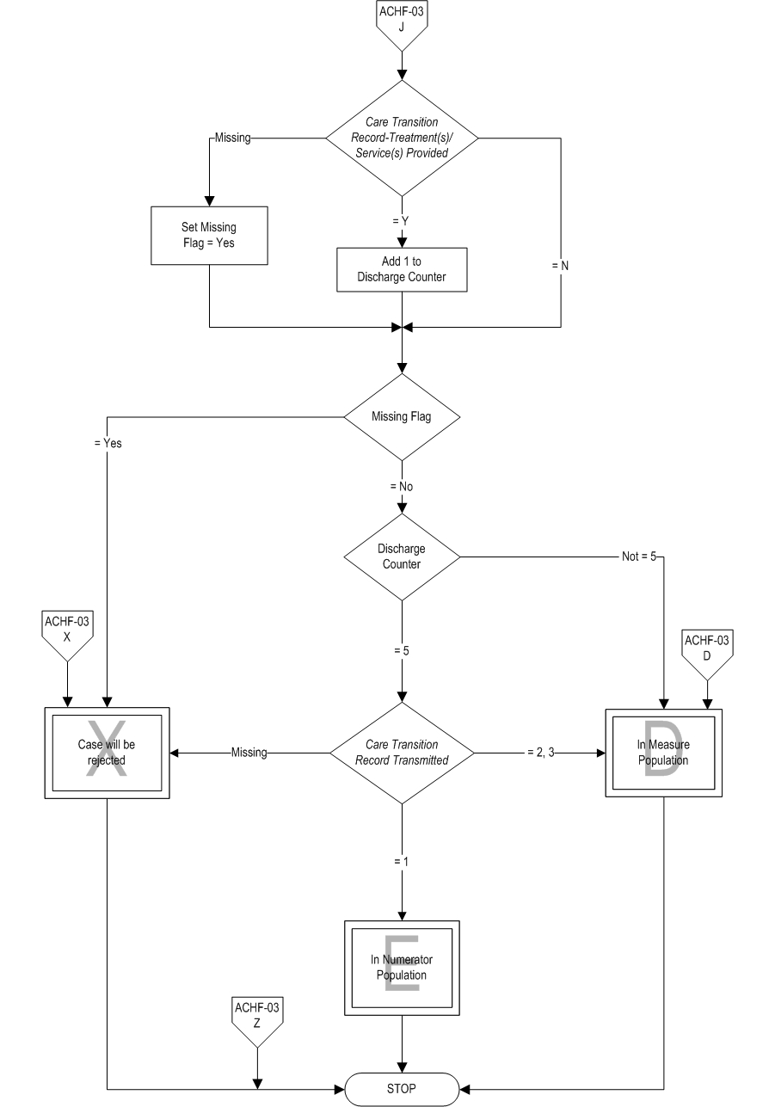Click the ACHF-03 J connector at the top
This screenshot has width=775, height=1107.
pyautogui.click(x=402, y=24)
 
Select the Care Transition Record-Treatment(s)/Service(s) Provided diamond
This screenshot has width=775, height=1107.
pyautogui.click(x=402, y=136)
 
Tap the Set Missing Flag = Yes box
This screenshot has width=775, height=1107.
pyautogui.click(x=209, y=235)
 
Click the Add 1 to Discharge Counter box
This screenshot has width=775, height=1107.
pyautogui.click(x=402, y=270)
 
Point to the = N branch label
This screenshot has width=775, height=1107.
pyautogui.click(x=560, y=266)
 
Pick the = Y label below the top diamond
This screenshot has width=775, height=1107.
pyautogui.click(x=400, y=221)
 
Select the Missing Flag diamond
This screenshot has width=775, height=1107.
pyautogui.click(x=402, y=416)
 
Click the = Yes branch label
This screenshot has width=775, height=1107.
pyautogui.click(x=108, y=444)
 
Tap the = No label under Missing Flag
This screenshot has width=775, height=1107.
pyautogui.click(x=401, y=486)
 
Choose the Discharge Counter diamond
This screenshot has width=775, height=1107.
pyautogui.click(x=402, y=557)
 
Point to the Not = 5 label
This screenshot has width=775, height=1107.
pyautogui.click(x=639, y=557)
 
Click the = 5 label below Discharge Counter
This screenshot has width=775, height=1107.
pyautogui.click(x=401, y=650)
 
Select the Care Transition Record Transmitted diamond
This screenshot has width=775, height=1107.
pyautogui.click(x=402, y=753)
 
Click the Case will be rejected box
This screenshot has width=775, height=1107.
pyautogui.click(x=107, y=753)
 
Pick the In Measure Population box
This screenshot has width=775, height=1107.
pyautogui.click(x=663, y=753)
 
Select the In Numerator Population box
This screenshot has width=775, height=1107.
pyautogui.click(x=402, y=968)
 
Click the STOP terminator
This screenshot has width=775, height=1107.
pyautogui.click(x=402, y=1088)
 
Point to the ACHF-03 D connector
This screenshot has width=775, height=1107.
pyautogui.click(x=707, y=649)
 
